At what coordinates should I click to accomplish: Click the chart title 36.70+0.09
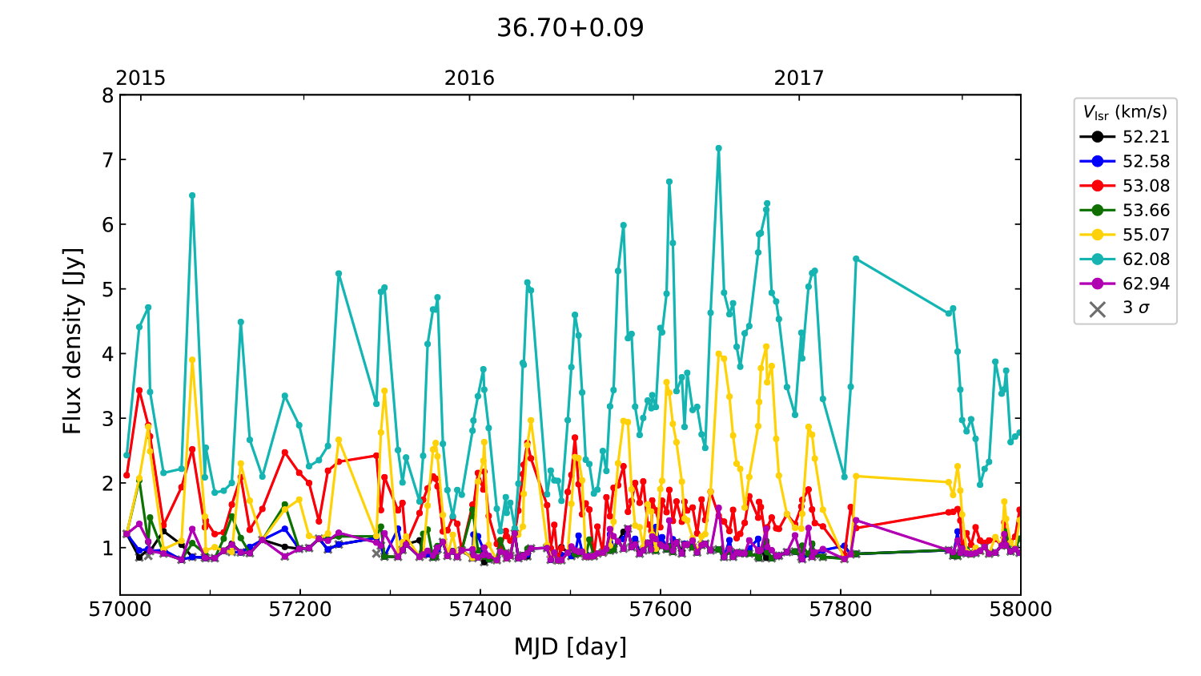tap(570, 28)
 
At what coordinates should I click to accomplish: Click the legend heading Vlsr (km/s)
tap(1125, 112)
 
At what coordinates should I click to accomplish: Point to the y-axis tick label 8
tap(107, 96)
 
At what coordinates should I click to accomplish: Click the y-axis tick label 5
tap(107, 290)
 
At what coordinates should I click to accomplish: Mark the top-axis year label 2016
tap(469, 78)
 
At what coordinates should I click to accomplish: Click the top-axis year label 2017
tap(798, 78)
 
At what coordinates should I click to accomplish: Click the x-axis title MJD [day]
tap(570, 646)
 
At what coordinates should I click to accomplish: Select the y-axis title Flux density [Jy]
tap(73, 340)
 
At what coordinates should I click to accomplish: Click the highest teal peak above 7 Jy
tap(718, 148)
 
